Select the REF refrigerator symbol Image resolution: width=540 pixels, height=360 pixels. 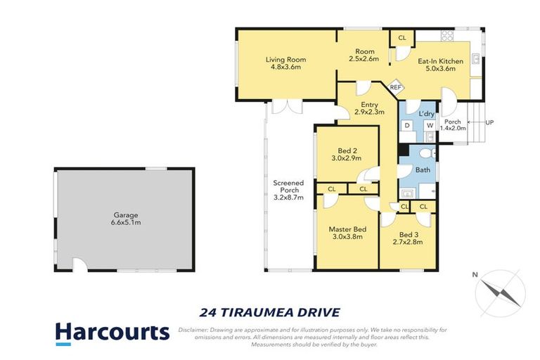(396, 87)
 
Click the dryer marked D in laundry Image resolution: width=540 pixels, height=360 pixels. (407, 125)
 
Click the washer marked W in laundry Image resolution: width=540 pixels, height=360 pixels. (429, 125)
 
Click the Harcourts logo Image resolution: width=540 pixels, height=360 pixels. (112, 333)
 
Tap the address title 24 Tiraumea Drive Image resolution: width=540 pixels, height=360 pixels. (270, 311)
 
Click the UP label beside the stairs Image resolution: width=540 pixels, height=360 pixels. (489, 122)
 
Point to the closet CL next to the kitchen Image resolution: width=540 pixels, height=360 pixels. (401, 37)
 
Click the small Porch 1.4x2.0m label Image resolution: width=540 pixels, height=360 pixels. (453, 125)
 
